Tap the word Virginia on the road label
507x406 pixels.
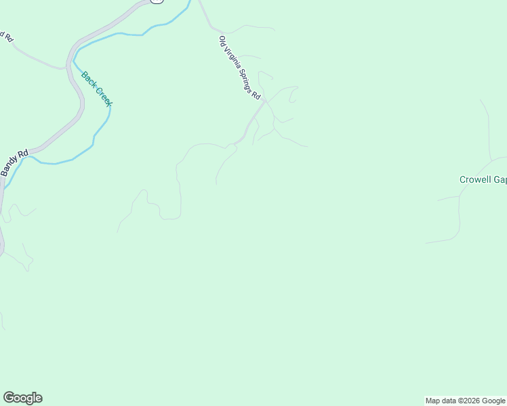pyautogui.click(x=232, y=60)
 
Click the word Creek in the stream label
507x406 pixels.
pyautogui.click(x=104, y=95)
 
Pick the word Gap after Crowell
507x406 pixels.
pyautogui.click(x=500, y=180)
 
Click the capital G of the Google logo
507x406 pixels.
pyautogui.click(x=9, y=398)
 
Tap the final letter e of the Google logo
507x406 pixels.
pyautogui.click(x=39, y=398)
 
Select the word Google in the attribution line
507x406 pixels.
pyautogui.click(x=494, y=401)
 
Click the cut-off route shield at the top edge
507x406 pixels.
pyautogui.click(x=157, y=1)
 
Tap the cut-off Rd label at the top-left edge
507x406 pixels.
pyautogui.click(x=7, y=37)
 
